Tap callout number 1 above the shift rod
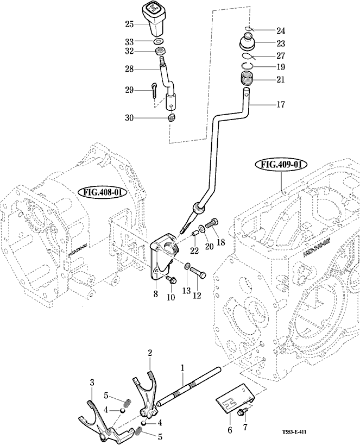click(182, 368)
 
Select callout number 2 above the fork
click(149, 353)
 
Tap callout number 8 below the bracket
click(155, 294)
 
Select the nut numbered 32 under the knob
click(160, 52)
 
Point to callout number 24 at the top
click(281, 30)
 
